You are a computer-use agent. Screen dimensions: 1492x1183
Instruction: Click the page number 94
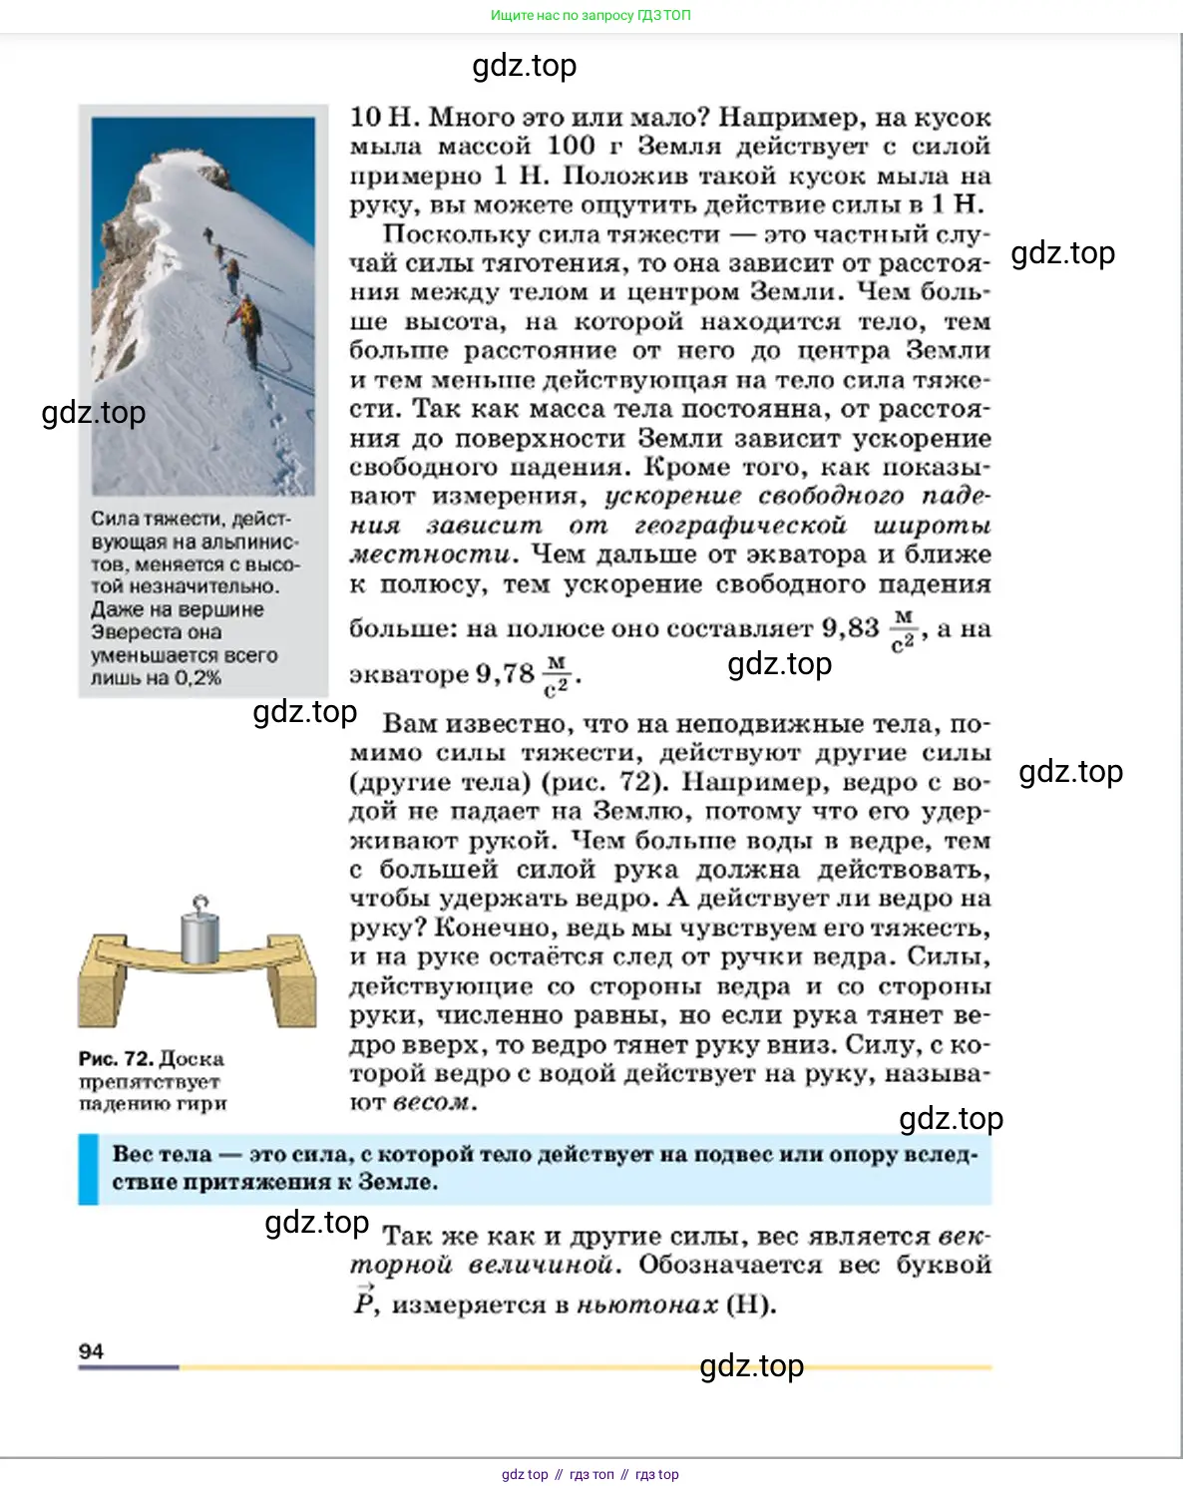point(91,1350)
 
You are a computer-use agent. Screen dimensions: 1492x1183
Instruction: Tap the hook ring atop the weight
point(200,903)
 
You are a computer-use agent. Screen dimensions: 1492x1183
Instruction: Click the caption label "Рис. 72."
point(115,1058)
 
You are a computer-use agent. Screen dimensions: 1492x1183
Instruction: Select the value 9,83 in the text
point(850,628)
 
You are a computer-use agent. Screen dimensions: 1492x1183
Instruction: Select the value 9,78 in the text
point(505,674)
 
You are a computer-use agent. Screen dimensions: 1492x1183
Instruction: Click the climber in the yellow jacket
point(245,317)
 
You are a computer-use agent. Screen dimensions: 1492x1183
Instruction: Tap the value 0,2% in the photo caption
point(197,678)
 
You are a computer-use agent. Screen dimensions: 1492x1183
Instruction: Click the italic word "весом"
point(431,1103)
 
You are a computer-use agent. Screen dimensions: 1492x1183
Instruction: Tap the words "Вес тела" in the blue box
point(162,1154)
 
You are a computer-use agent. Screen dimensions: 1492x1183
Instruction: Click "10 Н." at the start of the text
point(382,118)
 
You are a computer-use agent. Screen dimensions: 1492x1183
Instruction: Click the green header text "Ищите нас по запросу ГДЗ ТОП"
point(591,15)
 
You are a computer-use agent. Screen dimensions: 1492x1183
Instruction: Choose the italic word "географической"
point(740,526)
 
